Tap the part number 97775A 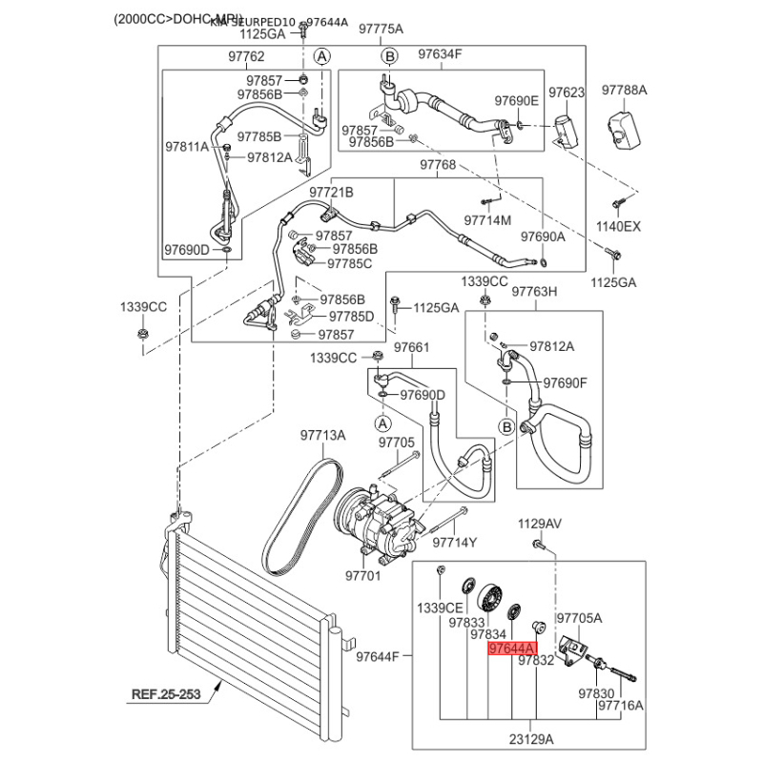[x=381, y=30]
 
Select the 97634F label [x=440, y=54]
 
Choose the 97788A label [x=624, y=91]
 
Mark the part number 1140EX [x=619, y=226]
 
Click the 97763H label [x=534, y=292]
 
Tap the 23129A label [x=530, y=737]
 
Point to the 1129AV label [x=540, y=524]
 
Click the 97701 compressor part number [x=362, y=576]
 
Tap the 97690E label [x=516, y=101]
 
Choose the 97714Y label [x=454, y=543]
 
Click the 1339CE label [x=439, y=608]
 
